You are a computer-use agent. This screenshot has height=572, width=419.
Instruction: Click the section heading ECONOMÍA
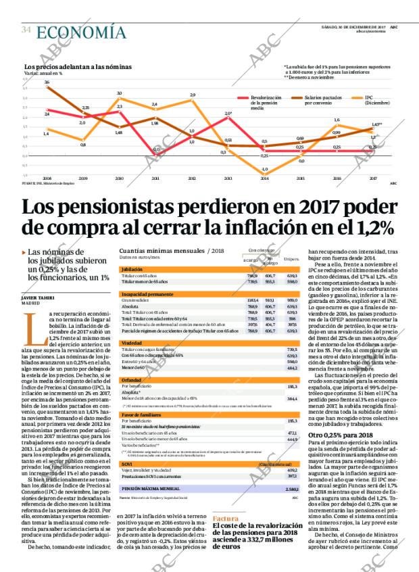tap(80, 32)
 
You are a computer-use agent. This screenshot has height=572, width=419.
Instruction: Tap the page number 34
tap(26, 30)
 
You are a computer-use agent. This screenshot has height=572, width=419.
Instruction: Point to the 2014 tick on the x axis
tap(264, 178)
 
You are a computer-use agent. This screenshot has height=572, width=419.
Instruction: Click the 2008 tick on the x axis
tap(47, 178)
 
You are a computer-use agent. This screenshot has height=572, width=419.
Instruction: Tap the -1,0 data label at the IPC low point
tap(265, 168)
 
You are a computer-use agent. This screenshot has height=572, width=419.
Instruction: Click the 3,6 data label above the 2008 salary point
tap(47, 82)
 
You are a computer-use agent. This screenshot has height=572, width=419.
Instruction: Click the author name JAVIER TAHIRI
tap(37, 297)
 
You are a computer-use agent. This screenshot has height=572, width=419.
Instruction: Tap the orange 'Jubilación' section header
tap(132, 268)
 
